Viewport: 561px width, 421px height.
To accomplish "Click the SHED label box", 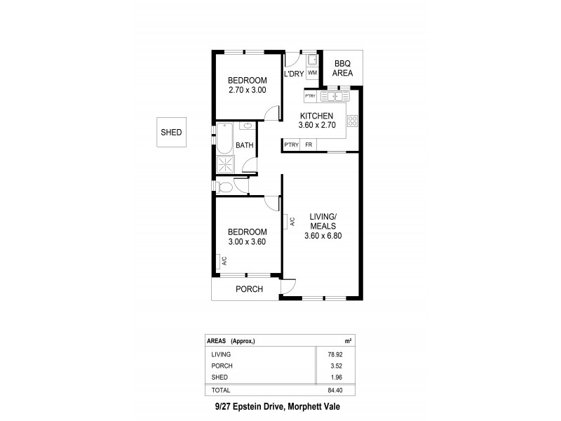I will click(x=171, y=133).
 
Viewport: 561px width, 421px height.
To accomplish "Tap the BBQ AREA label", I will click(x=343, y=68).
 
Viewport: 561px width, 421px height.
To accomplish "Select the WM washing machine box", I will click(x=312, y=72).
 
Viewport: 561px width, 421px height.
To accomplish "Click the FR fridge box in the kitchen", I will click(x=309, y=145).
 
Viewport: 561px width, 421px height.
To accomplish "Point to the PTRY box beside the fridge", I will click(x=292, y=145).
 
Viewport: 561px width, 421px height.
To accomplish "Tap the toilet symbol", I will click(x=224, y=187).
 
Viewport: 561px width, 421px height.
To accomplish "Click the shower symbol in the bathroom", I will click(x=226, y=165).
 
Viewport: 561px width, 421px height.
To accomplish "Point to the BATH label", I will click(x=245, y=146).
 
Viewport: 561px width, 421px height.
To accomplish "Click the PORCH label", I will click(x=249, y=289).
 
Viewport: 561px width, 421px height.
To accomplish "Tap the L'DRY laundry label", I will click(x=293, y=74).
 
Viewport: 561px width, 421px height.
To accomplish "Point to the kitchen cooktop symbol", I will click(x=353, y=121).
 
